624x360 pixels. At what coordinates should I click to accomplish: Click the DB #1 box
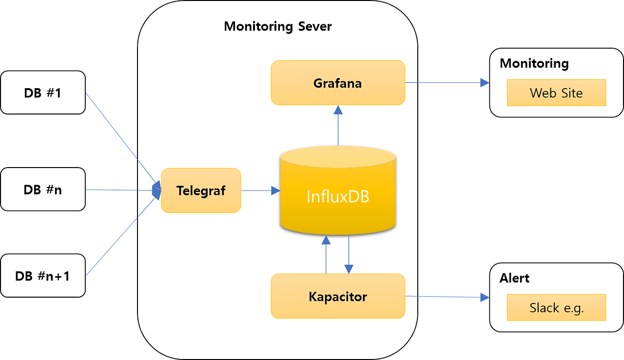43,93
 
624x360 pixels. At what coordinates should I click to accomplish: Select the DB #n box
43,189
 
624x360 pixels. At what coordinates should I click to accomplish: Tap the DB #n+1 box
43,276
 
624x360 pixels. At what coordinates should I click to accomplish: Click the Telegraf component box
201,190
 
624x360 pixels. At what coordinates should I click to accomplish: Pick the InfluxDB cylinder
338,195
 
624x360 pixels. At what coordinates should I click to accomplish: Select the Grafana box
338,83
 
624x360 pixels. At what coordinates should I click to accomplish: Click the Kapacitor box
338,296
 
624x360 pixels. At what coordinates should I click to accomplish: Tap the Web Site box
556,93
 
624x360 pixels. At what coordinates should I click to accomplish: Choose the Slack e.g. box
556,307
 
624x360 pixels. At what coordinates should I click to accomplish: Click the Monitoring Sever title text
277,26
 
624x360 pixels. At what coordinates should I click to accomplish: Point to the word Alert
514,278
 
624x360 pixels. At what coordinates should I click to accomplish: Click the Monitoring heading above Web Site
534,63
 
